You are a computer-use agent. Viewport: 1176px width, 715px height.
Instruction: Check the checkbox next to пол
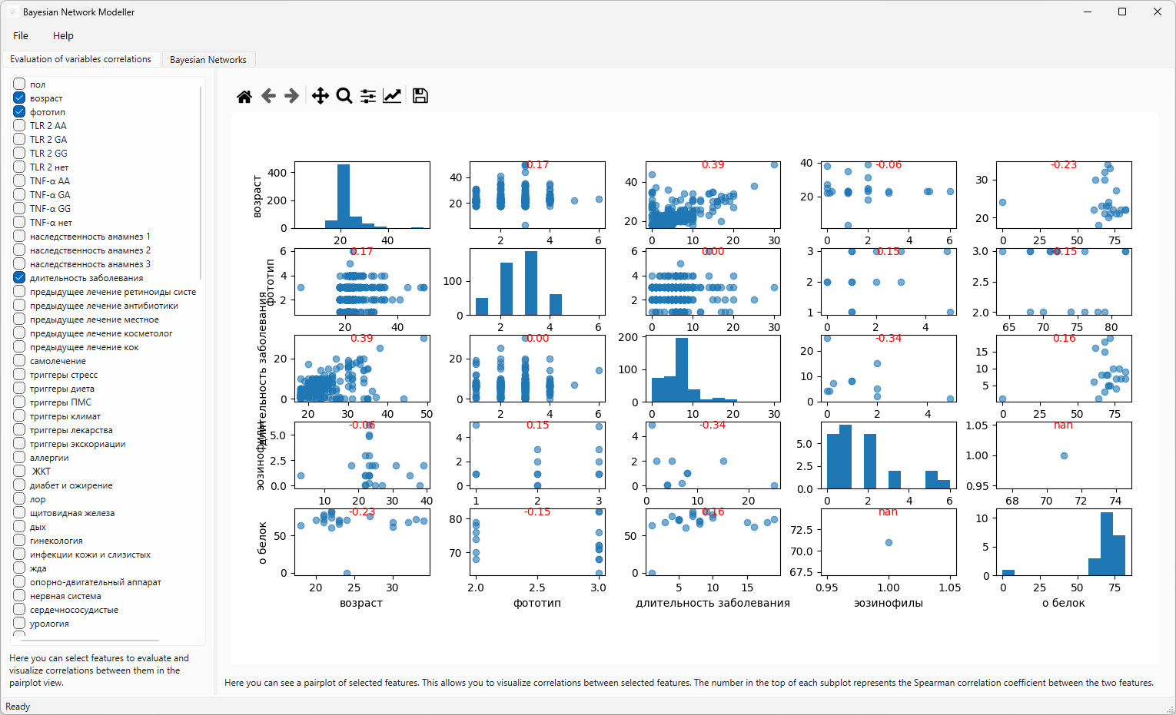coord(19,84)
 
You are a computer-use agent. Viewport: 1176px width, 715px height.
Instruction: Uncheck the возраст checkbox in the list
coord(19,98)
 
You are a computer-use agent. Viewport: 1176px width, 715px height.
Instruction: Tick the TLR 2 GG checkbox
coord(19,153)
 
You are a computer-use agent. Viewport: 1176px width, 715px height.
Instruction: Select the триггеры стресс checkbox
coord(19,374)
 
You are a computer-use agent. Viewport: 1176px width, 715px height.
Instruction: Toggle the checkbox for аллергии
coord(19,457)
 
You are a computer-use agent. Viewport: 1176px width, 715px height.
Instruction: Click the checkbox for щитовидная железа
coord(19,512)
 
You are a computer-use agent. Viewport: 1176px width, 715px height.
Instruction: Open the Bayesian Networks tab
coord(208,59)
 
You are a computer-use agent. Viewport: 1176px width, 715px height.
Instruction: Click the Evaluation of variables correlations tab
coord(81,59)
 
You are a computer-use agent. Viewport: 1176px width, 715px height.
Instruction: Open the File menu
coord(21,35)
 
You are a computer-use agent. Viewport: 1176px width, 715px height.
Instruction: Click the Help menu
coord(63,35)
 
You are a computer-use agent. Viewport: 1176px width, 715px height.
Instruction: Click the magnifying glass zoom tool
coord(344,96)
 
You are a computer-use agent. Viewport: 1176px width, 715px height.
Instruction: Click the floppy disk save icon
coord(420,96)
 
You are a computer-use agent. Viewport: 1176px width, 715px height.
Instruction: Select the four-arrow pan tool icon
coord(320,96)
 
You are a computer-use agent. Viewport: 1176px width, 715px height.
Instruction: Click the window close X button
coord(1157,12)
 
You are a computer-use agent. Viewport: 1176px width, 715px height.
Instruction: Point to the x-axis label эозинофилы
coord(888,603)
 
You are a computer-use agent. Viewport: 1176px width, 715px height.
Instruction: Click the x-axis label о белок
coord(1063,603)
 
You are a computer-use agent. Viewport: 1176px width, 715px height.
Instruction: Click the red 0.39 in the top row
coord(713,164)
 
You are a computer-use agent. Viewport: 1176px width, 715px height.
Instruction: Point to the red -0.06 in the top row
coord(889,164)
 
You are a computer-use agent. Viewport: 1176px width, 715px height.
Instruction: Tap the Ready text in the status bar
coord(18,707)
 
